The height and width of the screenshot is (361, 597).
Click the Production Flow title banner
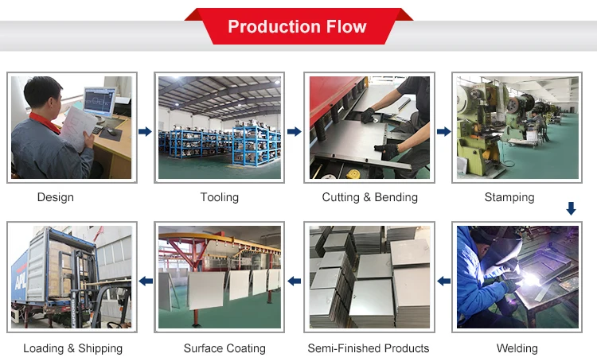297,27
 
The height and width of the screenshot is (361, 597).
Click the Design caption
56,197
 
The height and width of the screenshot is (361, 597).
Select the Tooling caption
220,197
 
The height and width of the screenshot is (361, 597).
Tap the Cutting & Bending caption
369,197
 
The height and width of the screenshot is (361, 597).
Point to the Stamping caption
509,197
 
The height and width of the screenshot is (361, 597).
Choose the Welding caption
517,348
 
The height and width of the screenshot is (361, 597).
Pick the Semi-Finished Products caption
369,348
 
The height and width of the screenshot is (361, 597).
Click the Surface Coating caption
224,348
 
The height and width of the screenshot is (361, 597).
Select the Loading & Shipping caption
72,348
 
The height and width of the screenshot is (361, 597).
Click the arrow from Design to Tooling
145,131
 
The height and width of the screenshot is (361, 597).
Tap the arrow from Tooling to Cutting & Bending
294,131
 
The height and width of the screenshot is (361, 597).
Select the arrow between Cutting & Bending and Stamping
443,131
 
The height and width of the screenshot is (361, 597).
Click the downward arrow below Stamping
571,208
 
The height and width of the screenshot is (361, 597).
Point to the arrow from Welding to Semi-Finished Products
443,281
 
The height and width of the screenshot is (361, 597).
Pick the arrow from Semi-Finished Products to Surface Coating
294,281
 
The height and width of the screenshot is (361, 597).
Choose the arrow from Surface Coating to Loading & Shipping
145,281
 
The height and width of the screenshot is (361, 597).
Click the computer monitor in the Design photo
98,102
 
